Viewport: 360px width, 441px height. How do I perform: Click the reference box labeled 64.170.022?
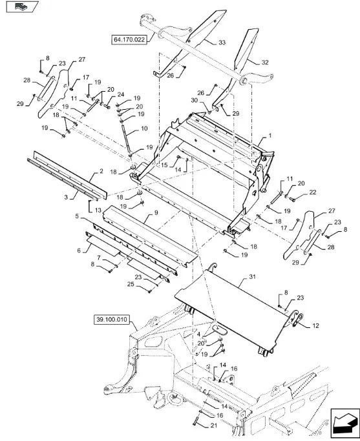pos(129,39)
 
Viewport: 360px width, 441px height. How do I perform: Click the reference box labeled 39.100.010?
pos(111,320)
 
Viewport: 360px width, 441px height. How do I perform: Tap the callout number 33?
pos(222,43)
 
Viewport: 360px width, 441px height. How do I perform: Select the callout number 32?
pos(265,63)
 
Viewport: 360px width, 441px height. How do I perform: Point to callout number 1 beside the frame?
pos(270,136)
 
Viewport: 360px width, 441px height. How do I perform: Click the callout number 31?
pos(252,277)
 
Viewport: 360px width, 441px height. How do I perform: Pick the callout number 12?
pos(315,325)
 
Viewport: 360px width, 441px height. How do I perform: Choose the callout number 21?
pos(214,426)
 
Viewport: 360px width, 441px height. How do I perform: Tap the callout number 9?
pos(156,212)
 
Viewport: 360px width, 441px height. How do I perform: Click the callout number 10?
pos(144,128)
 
